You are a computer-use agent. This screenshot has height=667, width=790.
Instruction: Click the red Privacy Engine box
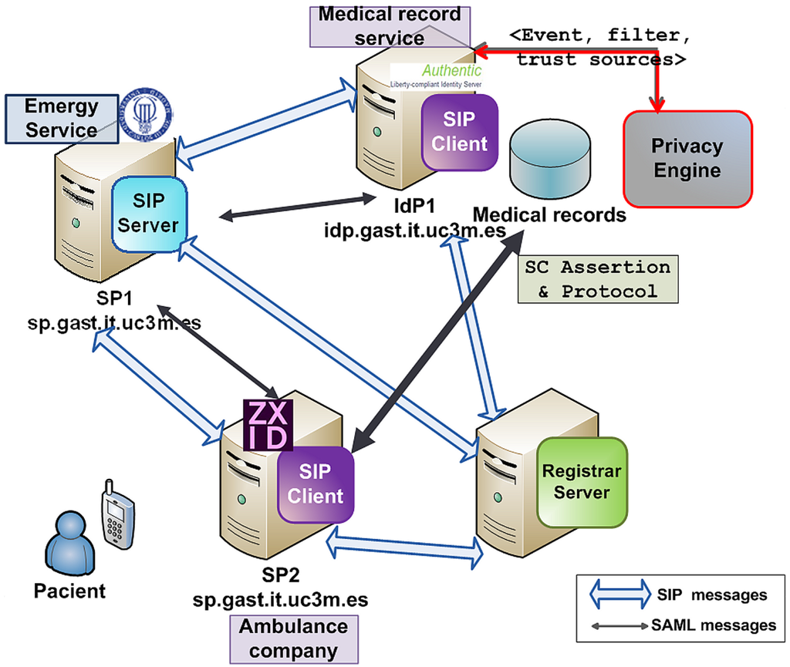(x=687, y=159)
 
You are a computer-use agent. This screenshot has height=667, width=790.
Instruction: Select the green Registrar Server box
(x=582, y=482)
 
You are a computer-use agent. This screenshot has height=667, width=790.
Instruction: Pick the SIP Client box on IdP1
(x=460, y=133)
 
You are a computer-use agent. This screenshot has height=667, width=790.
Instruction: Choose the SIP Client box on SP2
(x=315, y=483)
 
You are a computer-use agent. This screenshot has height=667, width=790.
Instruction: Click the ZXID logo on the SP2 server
(x=266, y=425)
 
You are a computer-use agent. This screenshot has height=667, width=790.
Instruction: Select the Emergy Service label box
(x=61, y=118)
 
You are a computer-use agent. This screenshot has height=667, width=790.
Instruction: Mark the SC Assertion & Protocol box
(x=596, y=279)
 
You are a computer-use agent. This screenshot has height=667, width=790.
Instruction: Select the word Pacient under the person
(x=69, y=591)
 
